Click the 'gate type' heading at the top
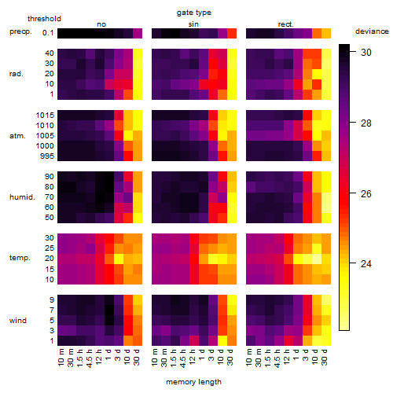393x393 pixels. [194, 13]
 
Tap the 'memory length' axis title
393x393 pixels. [193, 382]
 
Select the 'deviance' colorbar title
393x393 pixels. [372, 31]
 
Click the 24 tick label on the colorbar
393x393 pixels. [366, 264]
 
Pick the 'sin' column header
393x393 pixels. [193, 24]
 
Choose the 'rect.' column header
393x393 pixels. [285, 24]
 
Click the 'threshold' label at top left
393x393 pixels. [44, 19]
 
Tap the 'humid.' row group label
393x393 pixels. [22, 197]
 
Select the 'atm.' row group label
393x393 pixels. [17, 136]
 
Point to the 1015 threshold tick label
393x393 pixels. [45, 116]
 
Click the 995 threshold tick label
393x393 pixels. [47, 156]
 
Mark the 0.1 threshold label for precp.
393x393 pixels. [48, 33]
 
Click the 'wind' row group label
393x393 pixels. [18, 321]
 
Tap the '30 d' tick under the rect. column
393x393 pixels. [324, 357]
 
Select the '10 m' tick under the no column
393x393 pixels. [61, 358]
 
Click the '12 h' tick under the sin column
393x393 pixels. [192, 357]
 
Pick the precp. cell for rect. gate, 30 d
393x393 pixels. [326, 33]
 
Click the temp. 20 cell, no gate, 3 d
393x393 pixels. [119, 259]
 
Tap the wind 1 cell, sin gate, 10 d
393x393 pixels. [222, 340]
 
